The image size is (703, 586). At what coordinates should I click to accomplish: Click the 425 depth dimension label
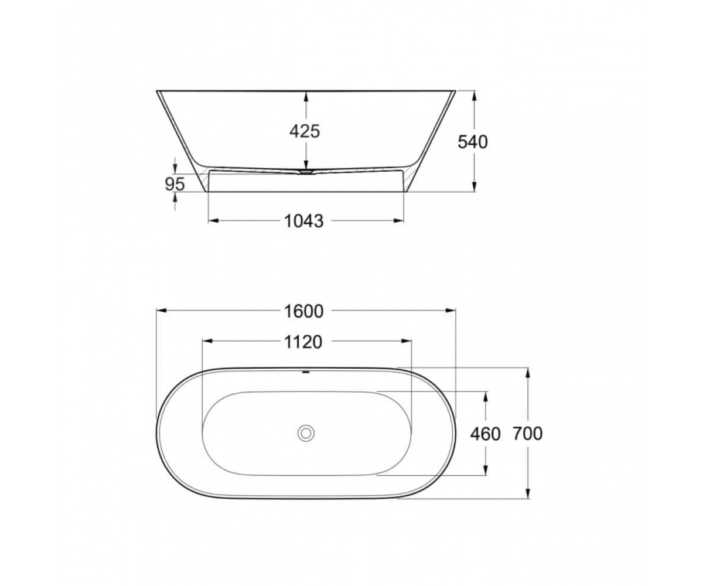pyautogui.click(x=305, y=131)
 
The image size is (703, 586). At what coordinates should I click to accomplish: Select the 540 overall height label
pyautogui.click(x=472, y=142)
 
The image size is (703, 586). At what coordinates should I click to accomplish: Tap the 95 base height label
pyautogui.click(x=175, y=184)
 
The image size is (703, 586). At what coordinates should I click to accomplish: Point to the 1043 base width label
pyautogui.click(x=303, y=222)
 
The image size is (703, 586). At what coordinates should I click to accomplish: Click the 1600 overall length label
pyautogui.click(x=303, y=311)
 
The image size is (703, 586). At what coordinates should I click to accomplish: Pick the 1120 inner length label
pyautogui.click(x=303, y=342)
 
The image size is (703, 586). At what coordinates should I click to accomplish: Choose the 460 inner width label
pyautogui.click(x=485, y=434)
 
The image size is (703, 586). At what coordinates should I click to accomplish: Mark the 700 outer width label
pyautogui.click(x=528, y=434)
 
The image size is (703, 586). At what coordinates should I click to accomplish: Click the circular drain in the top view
pyautogui.click(x=306, y=433)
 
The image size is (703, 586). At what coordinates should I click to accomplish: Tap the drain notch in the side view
pyautogui.click(x=306, y=172)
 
